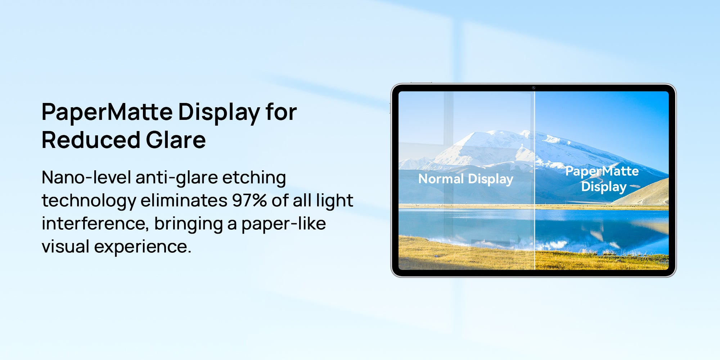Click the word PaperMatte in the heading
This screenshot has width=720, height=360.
(x=107, y=112)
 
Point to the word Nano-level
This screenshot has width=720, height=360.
(x=86, y=177)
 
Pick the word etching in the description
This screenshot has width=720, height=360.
(x=254, y=178)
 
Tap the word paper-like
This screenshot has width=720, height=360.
(x=284, y=224)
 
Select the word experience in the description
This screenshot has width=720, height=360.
(x=143, y=247)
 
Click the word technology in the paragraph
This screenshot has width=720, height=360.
(x=89, y=201)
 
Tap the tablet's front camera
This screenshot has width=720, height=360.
(x=534, y=87)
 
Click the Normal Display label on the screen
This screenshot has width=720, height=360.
(x=466, y=179)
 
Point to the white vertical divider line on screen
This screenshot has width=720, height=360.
(x=535, y=180)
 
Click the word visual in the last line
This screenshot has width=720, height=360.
(x=66, y=247)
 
